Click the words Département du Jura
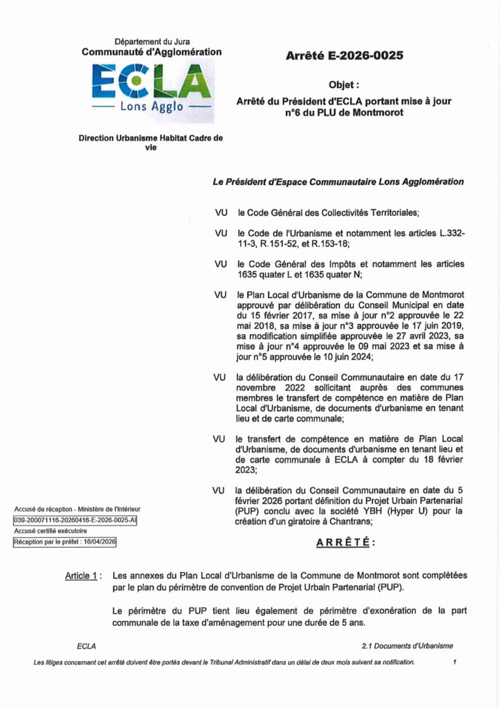coord(152,42)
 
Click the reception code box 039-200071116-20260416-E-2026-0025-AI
coord(75,521)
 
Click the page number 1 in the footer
coord(455,663)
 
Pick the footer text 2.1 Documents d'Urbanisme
coord(407,646)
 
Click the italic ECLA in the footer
coord(86,646)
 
